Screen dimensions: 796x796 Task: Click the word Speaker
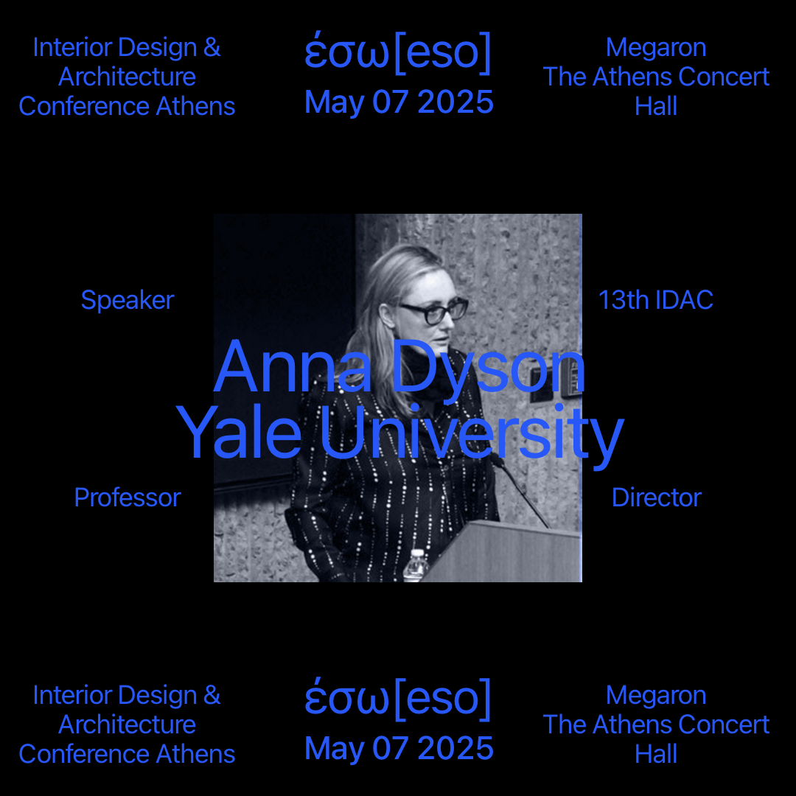tap(128, 300)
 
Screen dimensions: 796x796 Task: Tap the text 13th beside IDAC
tap(624, 299)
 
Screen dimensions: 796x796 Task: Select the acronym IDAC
tap(684, 299)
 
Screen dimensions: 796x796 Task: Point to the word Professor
tap(128, 497)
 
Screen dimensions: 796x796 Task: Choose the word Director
tap(657, 497)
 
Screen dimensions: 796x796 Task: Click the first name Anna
tap(293, 366)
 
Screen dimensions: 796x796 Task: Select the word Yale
tap(239, 431)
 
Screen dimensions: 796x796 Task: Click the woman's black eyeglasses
tap(434, 311)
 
